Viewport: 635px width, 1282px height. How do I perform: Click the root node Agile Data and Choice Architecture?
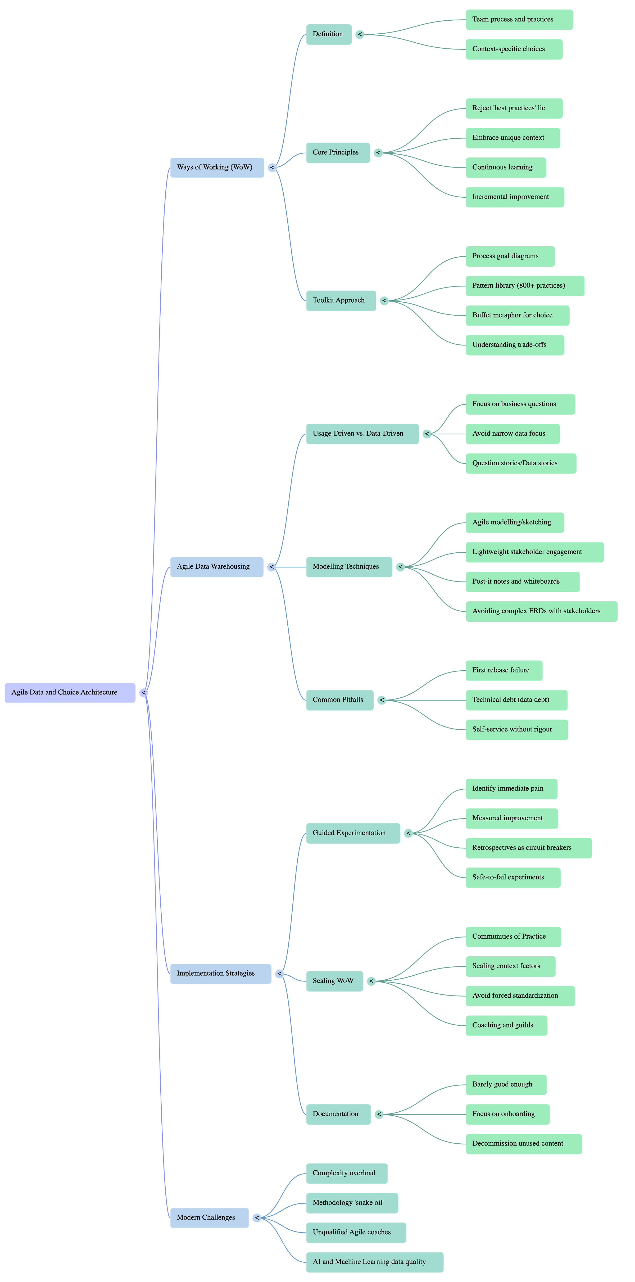(70, 692)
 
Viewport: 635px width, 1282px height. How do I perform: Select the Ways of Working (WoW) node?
(216, 167)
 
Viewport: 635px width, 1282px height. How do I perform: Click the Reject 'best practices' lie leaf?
(514, 108)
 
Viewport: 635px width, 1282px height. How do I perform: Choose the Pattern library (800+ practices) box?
(524, 286)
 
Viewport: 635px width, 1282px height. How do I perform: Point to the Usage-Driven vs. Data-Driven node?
(362, 434)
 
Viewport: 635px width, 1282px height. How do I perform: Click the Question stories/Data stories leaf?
(520, 463)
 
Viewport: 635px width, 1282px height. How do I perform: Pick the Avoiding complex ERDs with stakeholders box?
(541, 611)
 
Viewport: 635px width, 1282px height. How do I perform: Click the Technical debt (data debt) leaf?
(516, 700)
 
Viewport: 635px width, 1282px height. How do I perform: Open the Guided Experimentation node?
(352, 833)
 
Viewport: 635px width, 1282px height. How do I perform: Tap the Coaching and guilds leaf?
(506, 1025)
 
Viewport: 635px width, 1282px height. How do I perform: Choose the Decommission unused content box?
(524, 1144)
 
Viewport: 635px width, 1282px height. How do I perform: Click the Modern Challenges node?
(209, 1218)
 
